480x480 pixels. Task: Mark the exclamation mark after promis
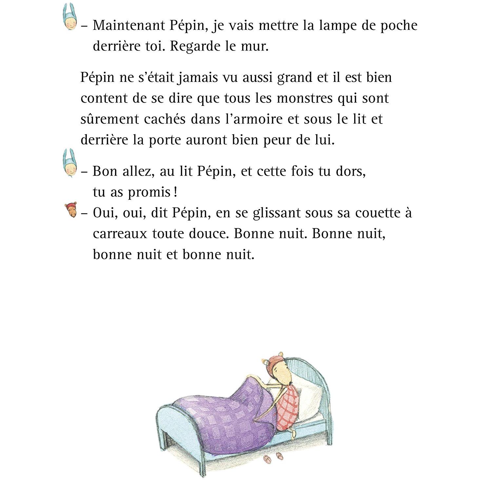coord(176,192)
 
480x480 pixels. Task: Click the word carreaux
coord(120,234)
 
